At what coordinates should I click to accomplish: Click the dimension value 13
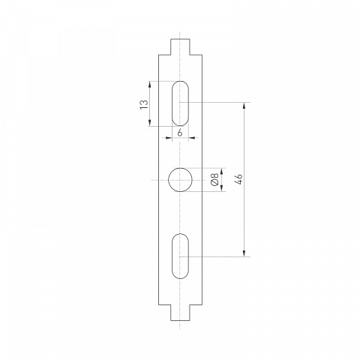click(144, 104)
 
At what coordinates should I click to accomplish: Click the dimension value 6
click(180, 133)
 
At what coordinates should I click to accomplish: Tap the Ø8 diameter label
click(214, 179)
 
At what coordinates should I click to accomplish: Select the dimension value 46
click(239, 179)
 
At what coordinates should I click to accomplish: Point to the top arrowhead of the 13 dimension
click(150, 84)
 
